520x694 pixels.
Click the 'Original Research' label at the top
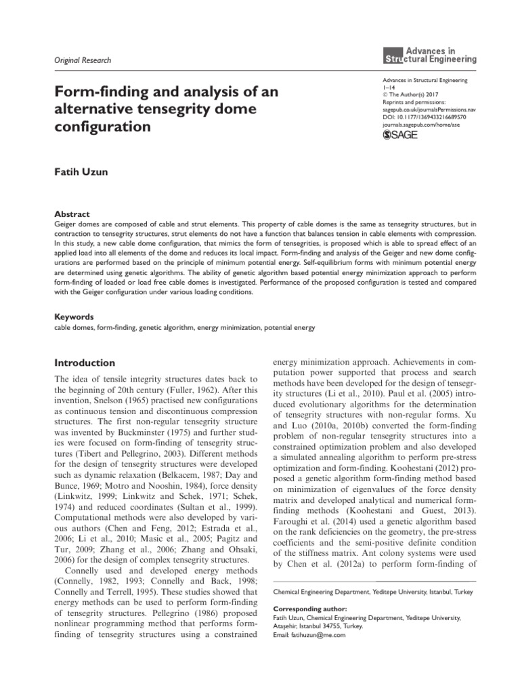pos(82,60)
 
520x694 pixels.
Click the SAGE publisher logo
pos(400,135)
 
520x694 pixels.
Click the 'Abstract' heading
pos(71,213)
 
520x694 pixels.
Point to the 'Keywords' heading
pos(74,317)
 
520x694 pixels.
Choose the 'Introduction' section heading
pos(85,363)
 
